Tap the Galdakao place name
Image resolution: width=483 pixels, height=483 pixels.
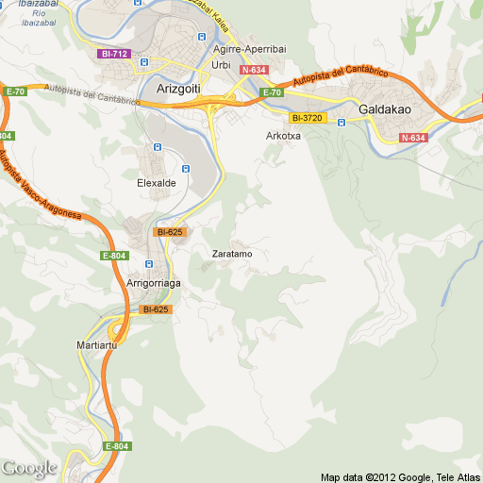click(385, 109)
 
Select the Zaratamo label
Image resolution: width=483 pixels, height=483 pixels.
click(232, 254)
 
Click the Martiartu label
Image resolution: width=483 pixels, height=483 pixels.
click(95, 346)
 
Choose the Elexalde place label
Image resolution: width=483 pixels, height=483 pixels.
click(156, 182)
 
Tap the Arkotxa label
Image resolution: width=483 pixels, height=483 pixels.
click(283, 136)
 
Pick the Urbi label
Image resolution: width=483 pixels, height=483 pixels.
click(222, 64)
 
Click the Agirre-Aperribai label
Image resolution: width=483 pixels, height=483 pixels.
click(250, 49)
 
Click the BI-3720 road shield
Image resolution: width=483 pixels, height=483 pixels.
click(307, 118)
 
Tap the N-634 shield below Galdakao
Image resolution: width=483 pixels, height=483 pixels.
click(412, 138)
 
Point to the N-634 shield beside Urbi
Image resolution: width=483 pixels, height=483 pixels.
click(253, 70)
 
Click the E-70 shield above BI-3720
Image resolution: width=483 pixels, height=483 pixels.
click(272, 92)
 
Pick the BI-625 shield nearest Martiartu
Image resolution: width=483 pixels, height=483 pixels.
click(155, 309)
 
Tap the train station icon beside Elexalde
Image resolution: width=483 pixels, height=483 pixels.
click(185, 169)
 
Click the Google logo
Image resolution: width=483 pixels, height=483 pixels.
click(28, 468)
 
